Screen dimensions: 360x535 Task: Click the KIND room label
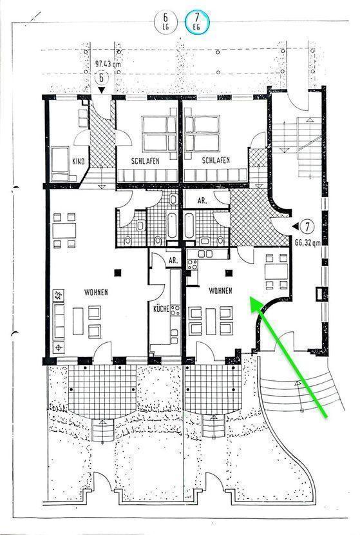tap(79, 161)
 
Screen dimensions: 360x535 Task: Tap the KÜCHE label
tap(161, 309)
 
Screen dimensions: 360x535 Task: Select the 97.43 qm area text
tap(108, 63)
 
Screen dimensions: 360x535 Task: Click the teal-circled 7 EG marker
tap(197, 21)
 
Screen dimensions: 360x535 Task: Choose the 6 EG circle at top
tap(166, 21)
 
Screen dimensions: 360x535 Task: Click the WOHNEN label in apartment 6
tap(96, 292)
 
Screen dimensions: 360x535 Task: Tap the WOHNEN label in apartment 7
tap(220, 291)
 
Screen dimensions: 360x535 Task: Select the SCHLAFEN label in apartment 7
tap(216, 160)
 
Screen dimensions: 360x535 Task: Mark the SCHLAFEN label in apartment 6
tap(146, 160)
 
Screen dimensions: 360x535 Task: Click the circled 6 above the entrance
tap(101, 78)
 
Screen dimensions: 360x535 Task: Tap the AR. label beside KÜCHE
tap(173, 260)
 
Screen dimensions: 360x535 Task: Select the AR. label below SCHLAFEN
tap(202, 200)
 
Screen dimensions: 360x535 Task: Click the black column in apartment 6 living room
tap(118, 272)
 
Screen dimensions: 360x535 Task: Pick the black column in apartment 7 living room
tap(229, 273)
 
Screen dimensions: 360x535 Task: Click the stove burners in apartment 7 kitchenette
tap(193, 265)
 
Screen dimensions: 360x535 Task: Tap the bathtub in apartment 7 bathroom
tap(189, 225)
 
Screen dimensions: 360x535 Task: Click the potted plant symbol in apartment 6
tap(59, 295)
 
